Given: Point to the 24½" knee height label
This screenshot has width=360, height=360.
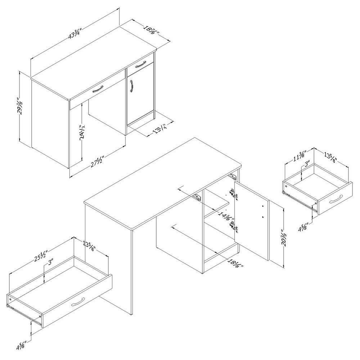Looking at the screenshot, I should pyautogui.click(x=83, y=132).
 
